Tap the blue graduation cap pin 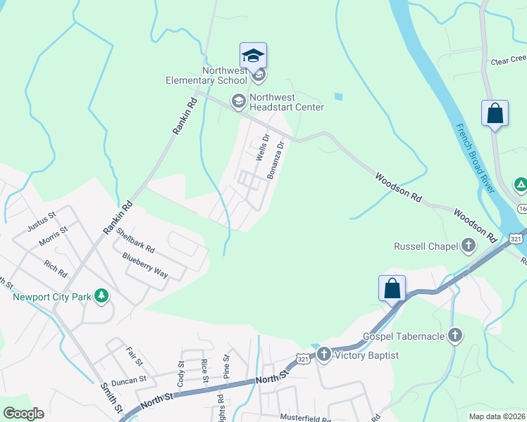[253, 56]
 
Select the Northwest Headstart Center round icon [238, 102]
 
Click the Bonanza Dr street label [275, 160]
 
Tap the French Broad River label [472, 161]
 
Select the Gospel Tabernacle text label [404, 336]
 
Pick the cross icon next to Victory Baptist [324, 355]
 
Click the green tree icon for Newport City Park [102, 296]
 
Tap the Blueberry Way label [145, 267]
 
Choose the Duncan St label [127, 380]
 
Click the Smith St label [111, 398]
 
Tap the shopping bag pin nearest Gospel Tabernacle [392, 288]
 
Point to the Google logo [23, 414]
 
